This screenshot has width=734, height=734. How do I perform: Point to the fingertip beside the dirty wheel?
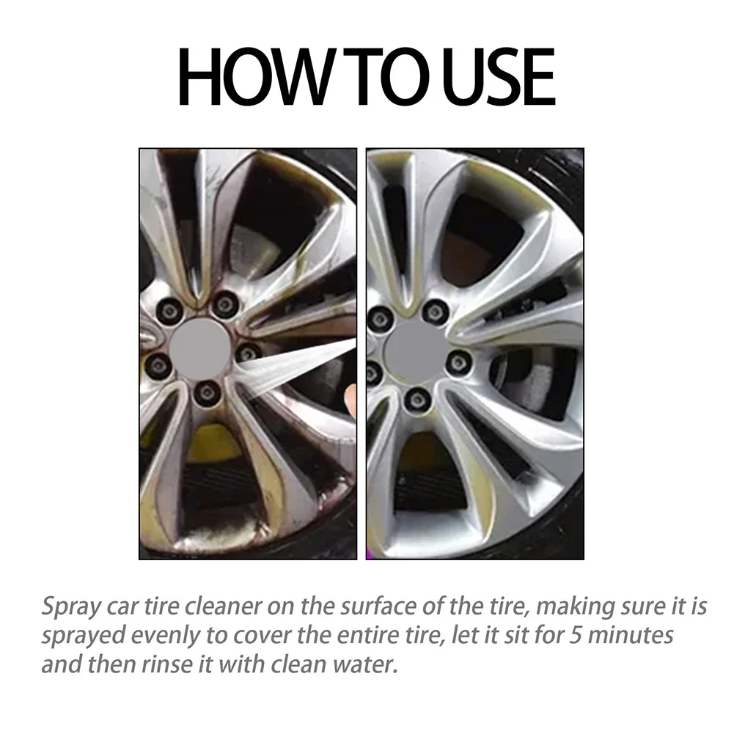351,400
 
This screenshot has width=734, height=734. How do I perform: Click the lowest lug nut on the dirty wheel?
206,394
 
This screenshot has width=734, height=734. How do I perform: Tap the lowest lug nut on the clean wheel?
416,399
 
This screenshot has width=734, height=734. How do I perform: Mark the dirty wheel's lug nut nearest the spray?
248,352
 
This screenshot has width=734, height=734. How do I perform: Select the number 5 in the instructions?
568,634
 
